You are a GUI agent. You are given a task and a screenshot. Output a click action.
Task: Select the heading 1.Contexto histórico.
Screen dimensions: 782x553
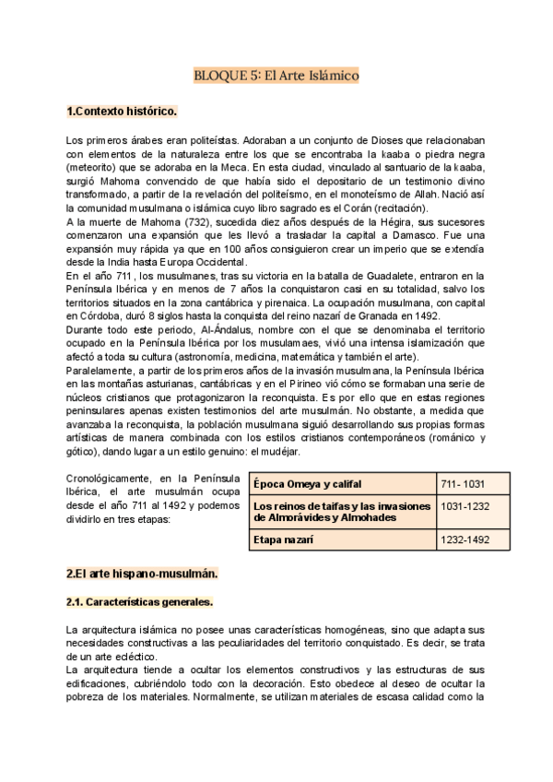coord(121,113)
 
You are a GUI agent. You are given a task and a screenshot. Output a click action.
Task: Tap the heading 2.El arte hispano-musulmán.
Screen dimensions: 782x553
coord(142,573)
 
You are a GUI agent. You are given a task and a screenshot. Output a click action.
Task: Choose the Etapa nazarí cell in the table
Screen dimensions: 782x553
coord(287,539)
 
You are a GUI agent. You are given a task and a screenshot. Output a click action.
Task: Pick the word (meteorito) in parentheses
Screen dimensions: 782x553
coord(96,169)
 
